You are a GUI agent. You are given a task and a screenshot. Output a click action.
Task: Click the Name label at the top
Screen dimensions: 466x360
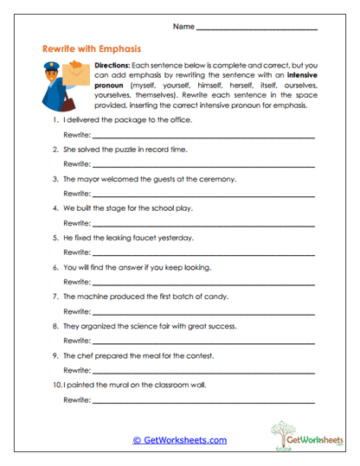(x=183, y=27)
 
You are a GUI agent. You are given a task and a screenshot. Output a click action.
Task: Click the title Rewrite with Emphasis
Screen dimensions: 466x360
(x=92, y=49)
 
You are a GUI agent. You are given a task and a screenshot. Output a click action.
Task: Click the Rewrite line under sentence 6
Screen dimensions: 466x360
(x=203, y=282)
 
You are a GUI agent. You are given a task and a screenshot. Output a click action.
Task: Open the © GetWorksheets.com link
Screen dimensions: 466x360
(x=179, y=440)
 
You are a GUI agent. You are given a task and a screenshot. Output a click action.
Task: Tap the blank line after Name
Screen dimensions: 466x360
(x=257, y=29)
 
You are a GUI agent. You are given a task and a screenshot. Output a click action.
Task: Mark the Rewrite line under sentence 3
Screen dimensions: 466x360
(x=203, y=194)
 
